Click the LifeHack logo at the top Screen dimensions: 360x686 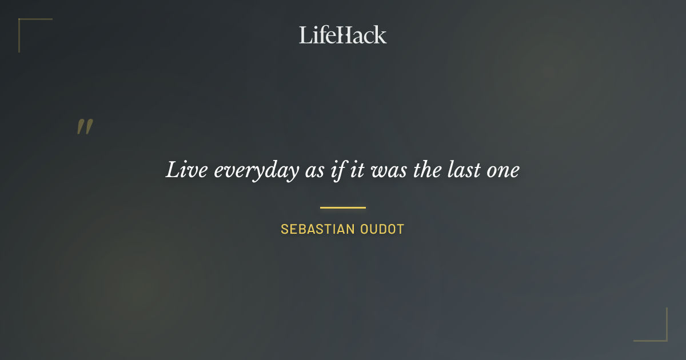click(343, 35)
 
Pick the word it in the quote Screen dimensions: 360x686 click(357, 170)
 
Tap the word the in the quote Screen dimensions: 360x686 click(427, 170)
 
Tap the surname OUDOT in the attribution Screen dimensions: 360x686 click(382, 230)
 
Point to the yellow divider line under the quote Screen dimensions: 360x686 click(343, 207)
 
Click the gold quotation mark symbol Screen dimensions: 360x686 click(85, 127)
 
